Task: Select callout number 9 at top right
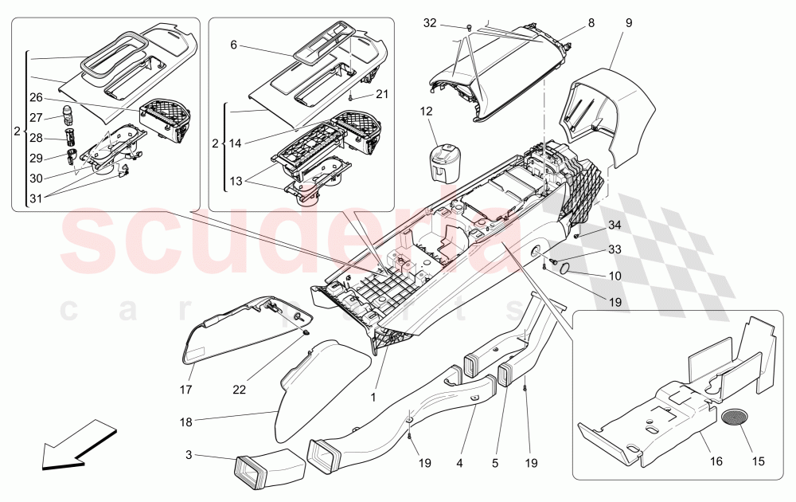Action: [x=629, y=23]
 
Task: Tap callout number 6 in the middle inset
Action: [x=234, y=46]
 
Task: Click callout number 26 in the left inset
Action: [x=36, y=98]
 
